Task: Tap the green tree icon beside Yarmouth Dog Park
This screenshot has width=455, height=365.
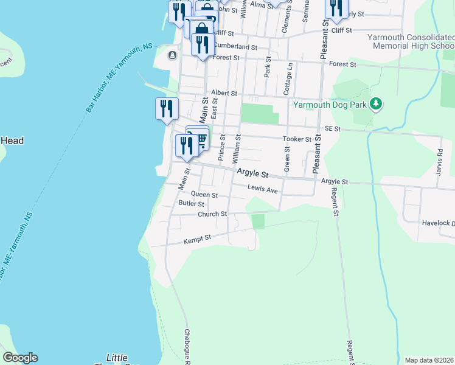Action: tap(377, 104)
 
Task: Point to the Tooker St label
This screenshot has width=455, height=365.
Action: tap(297, 139)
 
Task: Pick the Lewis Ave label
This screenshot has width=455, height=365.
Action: tap(262, 190)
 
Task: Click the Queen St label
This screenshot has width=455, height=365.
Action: tap(204, 195)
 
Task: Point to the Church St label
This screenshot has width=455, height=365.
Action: tap(212, 214)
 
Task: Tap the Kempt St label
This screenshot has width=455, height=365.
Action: tap(197, 240)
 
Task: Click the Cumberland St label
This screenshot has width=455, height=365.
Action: tap(235, 46)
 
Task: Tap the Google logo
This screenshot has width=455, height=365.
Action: tap(20, 358)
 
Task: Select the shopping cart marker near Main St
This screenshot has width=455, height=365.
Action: tap(200, 139)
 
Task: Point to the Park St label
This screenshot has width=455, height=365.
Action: tap(267, 68)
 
